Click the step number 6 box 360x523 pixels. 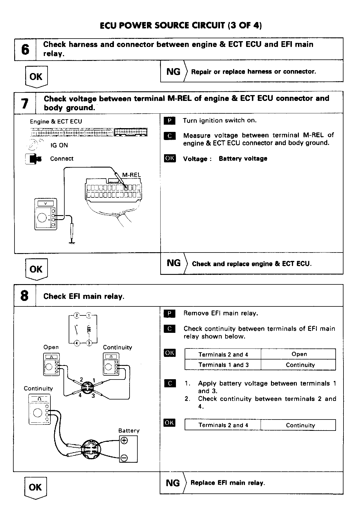click(x=25, y=50)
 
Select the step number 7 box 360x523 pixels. click(x=25, y=103)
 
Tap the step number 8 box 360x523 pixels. click(x=25, y=296)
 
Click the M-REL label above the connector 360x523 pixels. click(x=131, y=175)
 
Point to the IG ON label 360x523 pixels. click(x=59, y=145)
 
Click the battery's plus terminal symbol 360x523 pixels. click(x=124, y=441)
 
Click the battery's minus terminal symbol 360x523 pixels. click(x=124, y=458)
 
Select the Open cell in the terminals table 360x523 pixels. click(x=299, y=354)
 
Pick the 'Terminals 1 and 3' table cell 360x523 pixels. click(x=223, y=365)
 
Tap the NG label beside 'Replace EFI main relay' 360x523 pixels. click(x=173, y=483)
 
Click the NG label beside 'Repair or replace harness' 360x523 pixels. click(x=173, y=72)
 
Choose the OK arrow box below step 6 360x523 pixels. click(x=36, y=77)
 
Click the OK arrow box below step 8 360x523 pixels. click(x=35, y=488)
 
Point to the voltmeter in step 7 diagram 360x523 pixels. click(x=46, y=215)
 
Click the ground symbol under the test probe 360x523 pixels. click(x=71, y=242)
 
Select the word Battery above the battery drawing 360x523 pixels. click(x=129, y=431)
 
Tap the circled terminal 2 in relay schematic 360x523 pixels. click(x=77, y=315)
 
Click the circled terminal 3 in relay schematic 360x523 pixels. click(x=89, y=343)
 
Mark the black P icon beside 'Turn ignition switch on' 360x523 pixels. click(x=170, y=121)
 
